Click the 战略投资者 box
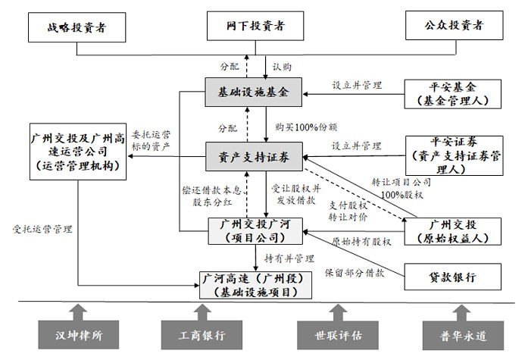click(77, 27)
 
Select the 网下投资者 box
click(257, 27)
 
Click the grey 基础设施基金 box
click(254, 92)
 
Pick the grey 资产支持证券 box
click(254, 157)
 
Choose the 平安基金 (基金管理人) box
click(454, 93)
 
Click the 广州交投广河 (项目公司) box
click(259, 230)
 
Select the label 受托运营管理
click(38, 227)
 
